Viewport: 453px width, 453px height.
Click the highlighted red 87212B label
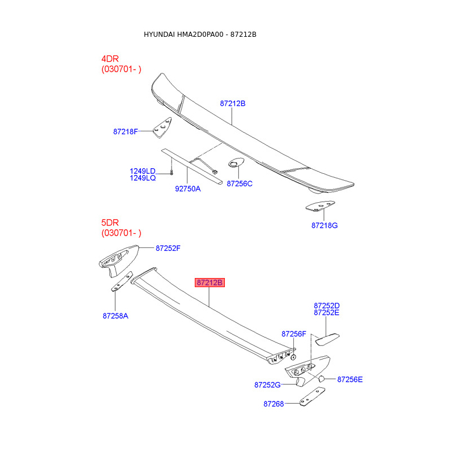[210, 283]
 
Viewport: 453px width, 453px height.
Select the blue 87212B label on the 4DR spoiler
[233, 104]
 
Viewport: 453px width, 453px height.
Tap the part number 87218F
[126, 131]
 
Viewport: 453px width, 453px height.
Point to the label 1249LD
[142, 170]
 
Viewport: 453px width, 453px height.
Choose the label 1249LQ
[142, 178]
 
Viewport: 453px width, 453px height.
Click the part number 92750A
[187, 189]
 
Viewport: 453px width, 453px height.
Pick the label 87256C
[240, 183]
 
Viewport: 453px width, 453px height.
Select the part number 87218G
[324, 225]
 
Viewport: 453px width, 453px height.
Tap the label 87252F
[168, 248]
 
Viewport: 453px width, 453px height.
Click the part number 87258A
[116, 315]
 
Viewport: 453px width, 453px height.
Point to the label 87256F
[294, 334]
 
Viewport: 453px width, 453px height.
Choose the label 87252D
[327, 306]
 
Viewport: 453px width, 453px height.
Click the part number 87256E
[350, 379]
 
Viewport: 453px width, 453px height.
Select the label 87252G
[267, 384]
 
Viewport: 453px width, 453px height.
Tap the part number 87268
[273, 404]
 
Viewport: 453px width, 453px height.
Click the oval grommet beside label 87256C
[235, 164]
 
